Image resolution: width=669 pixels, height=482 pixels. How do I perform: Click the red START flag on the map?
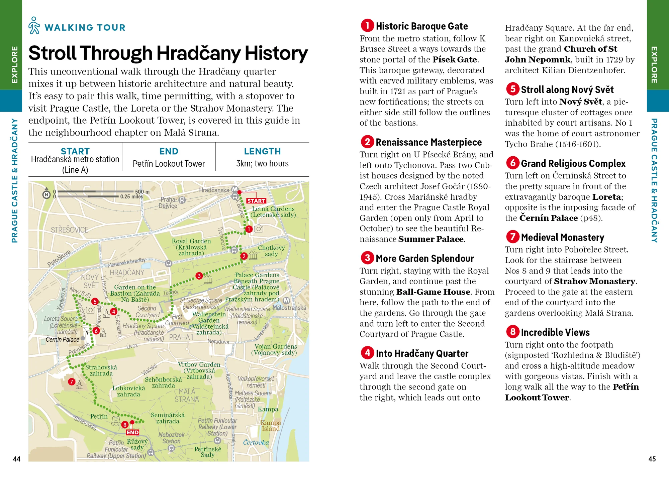point(256,201)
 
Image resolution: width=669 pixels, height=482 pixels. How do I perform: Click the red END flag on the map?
point(132,432)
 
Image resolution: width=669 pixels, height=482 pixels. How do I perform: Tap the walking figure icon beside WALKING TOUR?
point(34,25)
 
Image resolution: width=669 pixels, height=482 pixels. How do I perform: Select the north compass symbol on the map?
point(46,194)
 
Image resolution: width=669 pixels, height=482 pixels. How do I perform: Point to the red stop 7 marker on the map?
point(71,381)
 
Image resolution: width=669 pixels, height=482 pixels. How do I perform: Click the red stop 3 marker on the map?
point(199,276)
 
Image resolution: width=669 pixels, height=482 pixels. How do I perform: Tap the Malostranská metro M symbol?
point(286,300)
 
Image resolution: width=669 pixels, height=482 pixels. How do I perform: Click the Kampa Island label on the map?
point(271,426)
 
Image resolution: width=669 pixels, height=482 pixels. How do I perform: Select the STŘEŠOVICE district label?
point(70,230)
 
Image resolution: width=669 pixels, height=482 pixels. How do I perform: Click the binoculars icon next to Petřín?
point(116,421)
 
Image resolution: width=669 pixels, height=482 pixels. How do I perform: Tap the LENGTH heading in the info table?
point(262,151)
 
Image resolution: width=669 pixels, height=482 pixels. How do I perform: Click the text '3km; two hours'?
point(262,163)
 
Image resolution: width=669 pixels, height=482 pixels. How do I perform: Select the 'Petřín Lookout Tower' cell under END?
point(169,164)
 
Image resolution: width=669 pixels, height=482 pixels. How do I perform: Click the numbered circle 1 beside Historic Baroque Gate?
point(367,25)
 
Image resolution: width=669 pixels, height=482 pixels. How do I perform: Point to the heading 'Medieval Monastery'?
point(562,237)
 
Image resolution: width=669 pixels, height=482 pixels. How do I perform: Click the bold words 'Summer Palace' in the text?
point(431,239)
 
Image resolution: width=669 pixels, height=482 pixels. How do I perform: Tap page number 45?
point(652,459)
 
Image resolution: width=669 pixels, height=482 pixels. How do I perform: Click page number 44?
point(17,459)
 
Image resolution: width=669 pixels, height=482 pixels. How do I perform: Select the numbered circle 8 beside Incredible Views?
point(512,332)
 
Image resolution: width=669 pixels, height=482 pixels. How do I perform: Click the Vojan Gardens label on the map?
point(275,349)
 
